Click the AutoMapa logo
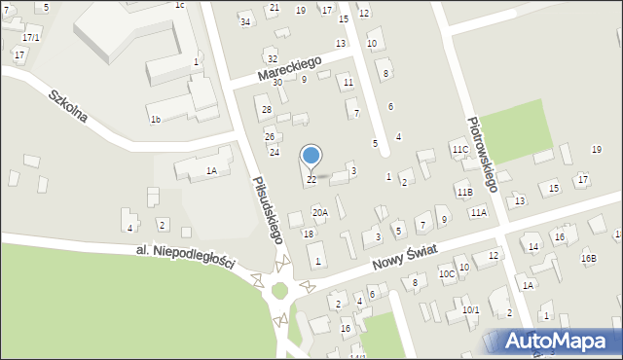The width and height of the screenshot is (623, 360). [552, 341]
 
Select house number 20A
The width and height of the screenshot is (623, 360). [319, 212]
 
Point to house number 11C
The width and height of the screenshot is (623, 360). [459, 149]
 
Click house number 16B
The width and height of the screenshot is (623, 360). [588, 258]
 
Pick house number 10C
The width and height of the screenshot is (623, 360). [446, 274]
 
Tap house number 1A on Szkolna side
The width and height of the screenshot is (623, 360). [210, 170]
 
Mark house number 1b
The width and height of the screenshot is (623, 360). [155, 120]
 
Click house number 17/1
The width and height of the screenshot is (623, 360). [31, 37]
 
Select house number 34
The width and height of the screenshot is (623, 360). [245, 22]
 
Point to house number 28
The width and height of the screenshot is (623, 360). [266, 109]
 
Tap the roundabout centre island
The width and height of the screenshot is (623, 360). [281, 290]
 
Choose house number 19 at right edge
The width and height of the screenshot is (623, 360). [596, 149]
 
